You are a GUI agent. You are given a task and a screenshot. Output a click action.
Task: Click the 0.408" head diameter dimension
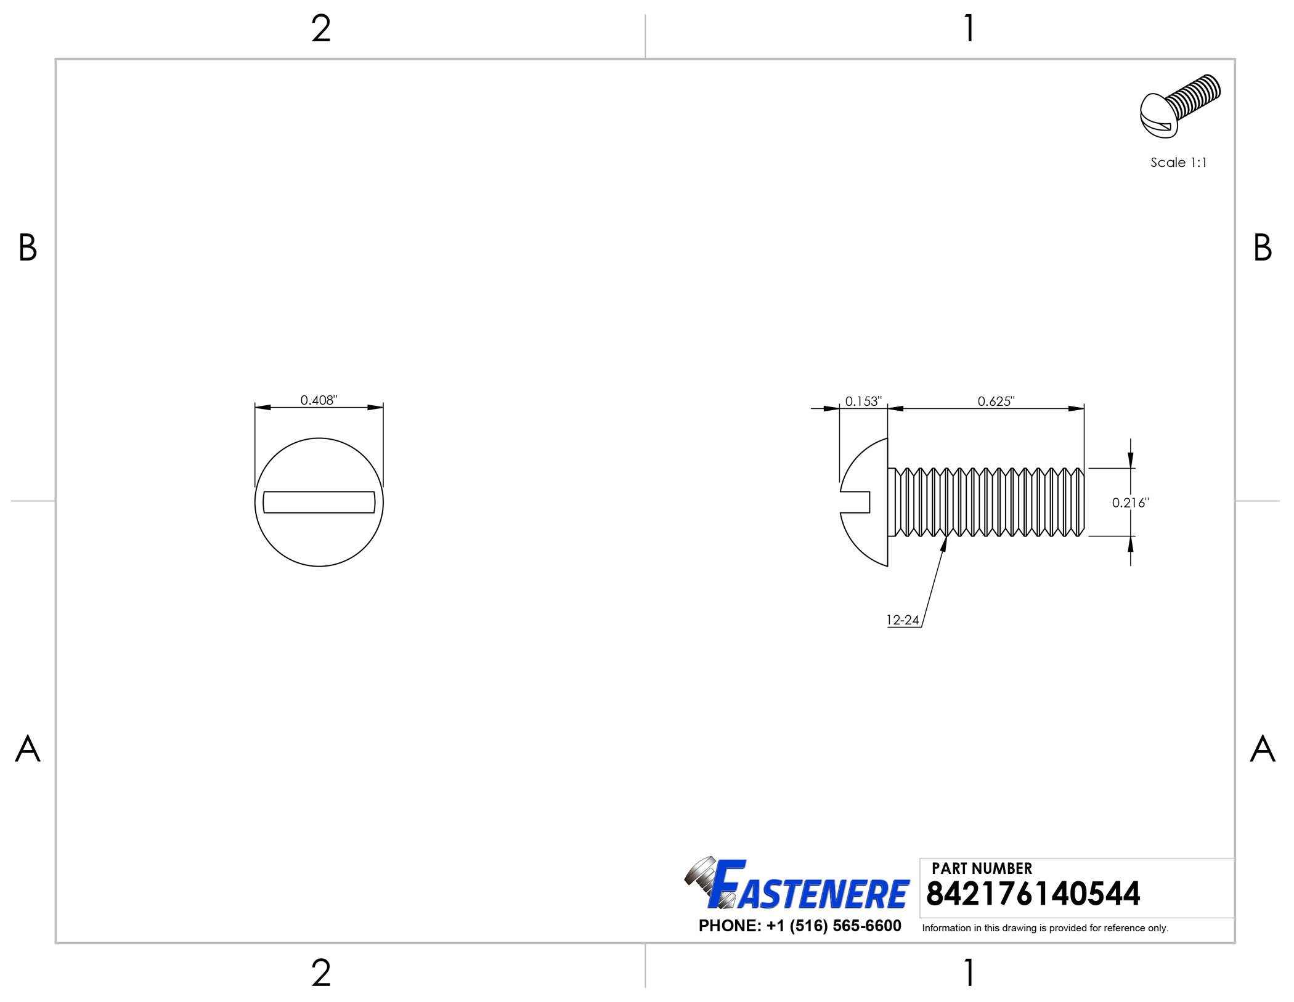319,400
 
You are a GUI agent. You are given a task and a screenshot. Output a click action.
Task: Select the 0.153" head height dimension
863,402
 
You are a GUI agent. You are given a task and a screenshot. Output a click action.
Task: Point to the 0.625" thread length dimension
996,402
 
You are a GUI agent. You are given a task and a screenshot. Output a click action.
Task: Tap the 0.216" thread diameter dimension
1130,503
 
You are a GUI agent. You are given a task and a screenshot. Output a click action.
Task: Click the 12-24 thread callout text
903,620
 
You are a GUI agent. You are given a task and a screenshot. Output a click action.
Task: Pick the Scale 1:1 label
1178,163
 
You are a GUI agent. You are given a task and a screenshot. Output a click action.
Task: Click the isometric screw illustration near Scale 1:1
1179,106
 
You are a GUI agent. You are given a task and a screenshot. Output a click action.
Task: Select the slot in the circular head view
319,502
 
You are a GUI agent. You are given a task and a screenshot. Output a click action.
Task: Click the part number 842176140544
1033,894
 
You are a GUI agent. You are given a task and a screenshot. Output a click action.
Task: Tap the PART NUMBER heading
982,868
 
